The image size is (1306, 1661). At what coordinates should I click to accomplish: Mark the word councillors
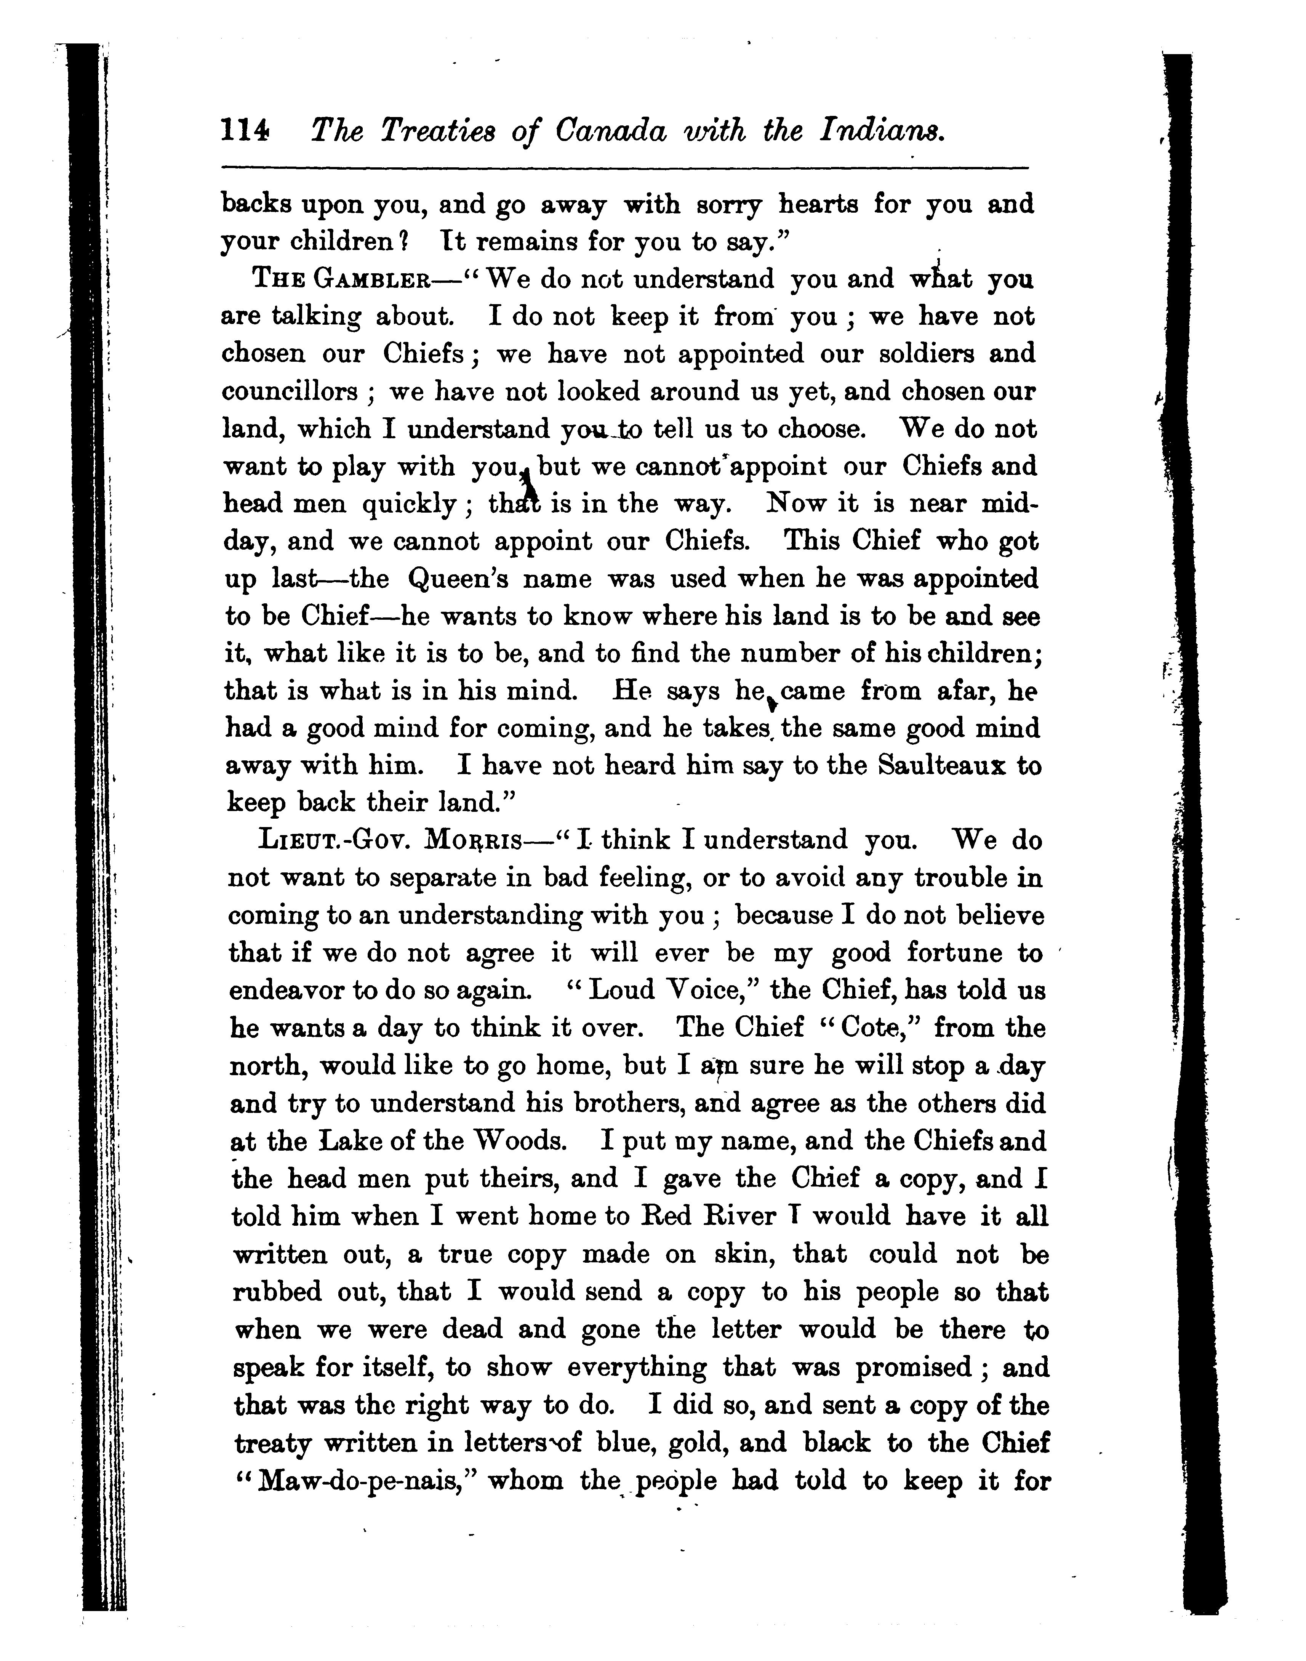pyautogui.click(x=289, y=392)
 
